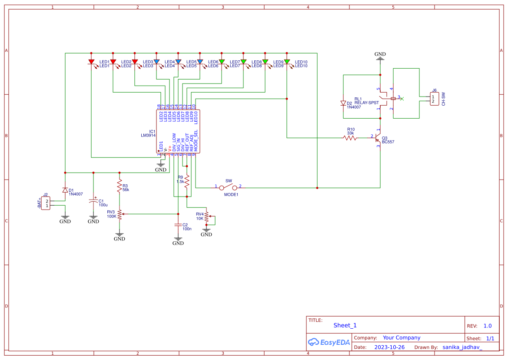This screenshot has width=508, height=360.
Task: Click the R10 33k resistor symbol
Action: [350, 138]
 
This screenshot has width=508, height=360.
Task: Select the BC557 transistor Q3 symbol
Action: [379, 138]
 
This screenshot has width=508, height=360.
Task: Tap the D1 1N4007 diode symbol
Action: [65, 190]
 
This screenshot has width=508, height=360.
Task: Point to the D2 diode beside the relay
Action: [343, 103]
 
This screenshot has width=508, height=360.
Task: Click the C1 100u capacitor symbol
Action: [93, 202]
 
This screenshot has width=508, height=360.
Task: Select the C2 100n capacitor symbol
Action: [178, 225]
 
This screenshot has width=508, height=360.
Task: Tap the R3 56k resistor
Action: [120, 187]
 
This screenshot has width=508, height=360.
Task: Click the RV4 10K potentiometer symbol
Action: [207, 216]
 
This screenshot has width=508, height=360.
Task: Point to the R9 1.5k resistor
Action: [187, 181]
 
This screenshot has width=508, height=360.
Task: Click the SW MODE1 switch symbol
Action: [229, 187]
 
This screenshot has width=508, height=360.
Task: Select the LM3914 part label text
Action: [148, 136]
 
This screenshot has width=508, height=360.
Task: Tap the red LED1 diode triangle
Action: [91, 62]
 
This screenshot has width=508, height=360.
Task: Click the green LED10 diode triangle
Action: [287, 62]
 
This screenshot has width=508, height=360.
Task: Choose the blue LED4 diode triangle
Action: [178, 62]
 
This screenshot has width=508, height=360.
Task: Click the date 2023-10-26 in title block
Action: [389, 347]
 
